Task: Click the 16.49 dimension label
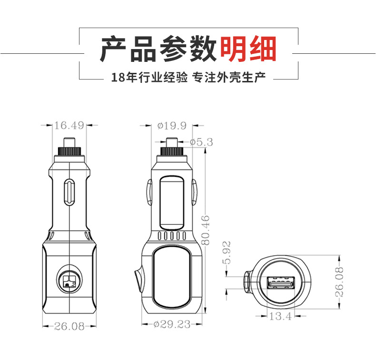pyautogui.click(x=69, y=126)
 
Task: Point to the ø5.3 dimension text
pyautogui.click(x=201, y=142)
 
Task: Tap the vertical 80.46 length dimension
pyautogui.click(x=206, y=230)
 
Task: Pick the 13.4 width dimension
pyautogui.click(x=280, y=316)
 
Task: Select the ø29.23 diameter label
pyautogui.click(x=172, y=324)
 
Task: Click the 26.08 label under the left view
pyautogui.click(x=69, y=326)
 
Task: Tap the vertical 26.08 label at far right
pyautogui.click(x=339, y=282)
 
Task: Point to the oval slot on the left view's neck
pyautogui.click(x=69, y=191)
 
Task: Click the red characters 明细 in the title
pyautogui.click(x=248, y=49)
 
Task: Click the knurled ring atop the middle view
pyautogui.click(x=171, y=152)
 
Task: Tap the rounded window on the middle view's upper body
pyautogui.click(x=172, y=200)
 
